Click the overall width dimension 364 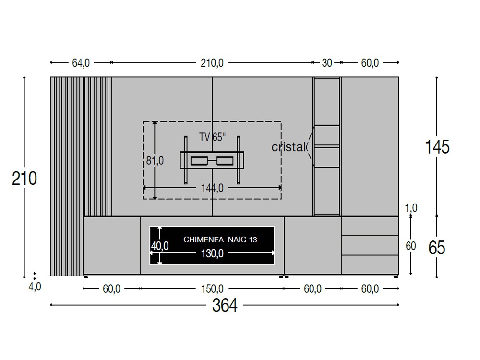pos(225,305)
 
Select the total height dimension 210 pos(24,178)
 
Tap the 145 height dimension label pos(437,147)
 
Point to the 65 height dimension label pos(436,248)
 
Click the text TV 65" pos(213,137)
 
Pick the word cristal pos(288,147)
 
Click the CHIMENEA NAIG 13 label pos(220,240)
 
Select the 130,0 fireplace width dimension pos(212,253)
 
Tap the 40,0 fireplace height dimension pos(160,246)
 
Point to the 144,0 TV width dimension pos(212,188)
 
